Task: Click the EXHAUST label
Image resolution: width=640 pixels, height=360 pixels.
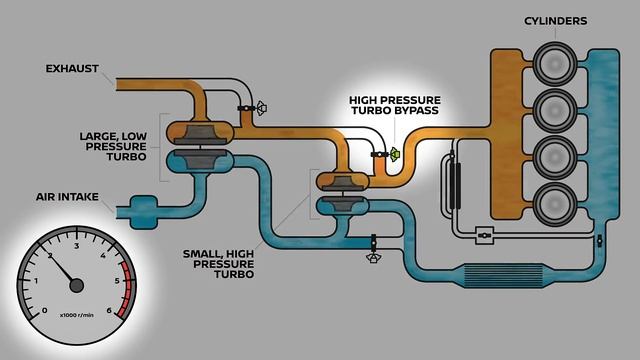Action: coord(72,69)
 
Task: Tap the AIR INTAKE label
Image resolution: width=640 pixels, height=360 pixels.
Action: coord(69,197)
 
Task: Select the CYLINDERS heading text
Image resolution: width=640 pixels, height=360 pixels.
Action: coord(555,20)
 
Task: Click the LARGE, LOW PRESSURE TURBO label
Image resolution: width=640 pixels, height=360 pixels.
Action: coord(113,142)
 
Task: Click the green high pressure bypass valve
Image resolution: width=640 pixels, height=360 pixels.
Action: coord(394,154)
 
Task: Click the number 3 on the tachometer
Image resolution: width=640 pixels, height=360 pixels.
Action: coord(77,244)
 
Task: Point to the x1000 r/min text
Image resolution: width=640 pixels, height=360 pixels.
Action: coord(77,316)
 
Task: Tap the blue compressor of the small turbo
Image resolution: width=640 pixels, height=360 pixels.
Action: coord(339,204)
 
